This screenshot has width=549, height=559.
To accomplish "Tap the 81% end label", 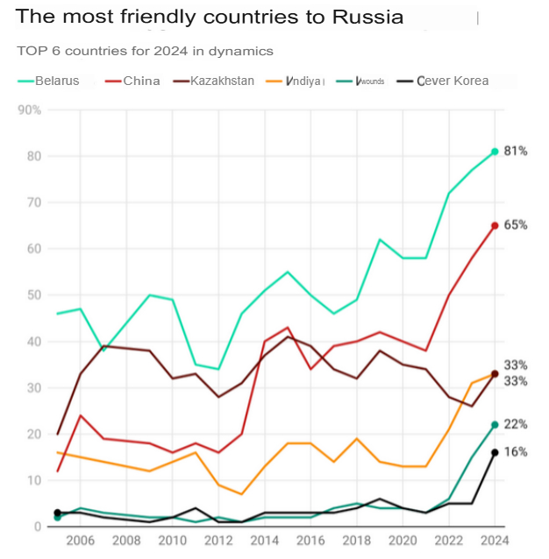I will (516, 152).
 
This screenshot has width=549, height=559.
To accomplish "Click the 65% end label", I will (516, 225).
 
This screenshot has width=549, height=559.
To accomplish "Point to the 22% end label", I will (516, 425).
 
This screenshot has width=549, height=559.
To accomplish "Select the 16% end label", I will (516, 452).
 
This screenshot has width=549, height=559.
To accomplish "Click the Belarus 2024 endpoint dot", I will (495, 152).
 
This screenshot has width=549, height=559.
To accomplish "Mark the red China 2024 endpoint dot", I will (495, 225).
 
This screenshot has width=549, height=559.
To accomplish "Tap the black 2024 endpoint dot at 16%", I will (495, 452).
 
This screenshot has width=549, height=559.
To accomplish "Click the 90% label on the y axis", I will (30, 110).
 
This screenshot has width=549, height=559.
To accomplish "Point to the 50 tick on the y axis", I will (33, 295).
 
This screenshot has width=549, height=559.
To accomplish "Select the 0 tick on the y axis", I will (38, 527).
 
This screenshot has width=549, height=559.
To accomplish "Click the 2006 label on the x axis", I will (80, 541).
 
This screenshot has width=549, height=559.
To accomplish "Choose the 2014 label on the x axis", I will (264, 541).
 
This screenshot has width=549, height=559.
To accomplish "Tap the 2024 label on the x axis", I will (495, 541).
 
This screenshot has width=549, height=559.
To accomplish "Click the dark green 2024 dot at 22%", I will (495, 425).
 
